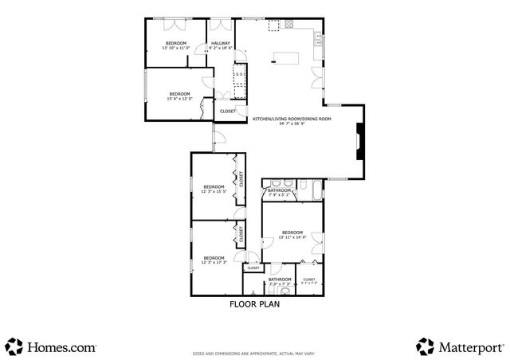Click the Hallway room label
pos(221,43)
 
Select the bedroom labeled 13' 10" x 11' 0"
pos(176,45)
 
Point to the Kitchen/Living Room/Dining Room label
pos(292,119)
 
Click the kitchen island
pos(284,57)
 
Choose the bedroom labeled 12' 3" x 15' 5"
pos(214,190)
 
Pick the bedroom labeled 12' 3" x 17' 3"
pos(214,260)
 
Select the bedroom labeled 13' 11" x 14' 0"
pos(292,235)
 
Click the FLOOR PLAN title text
pos(254,303)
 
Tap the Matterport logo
pos(460,346)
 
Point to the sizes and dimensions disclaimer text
pos(253,354)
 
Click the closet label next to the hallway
pos(227,111)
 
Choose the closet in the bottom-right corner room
pos(309,280)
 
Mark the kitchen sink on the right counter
pos(317,37)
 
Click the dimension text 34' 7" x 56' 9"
pos(292,123)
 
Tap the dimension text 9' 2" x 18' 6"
pos(221,48)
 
